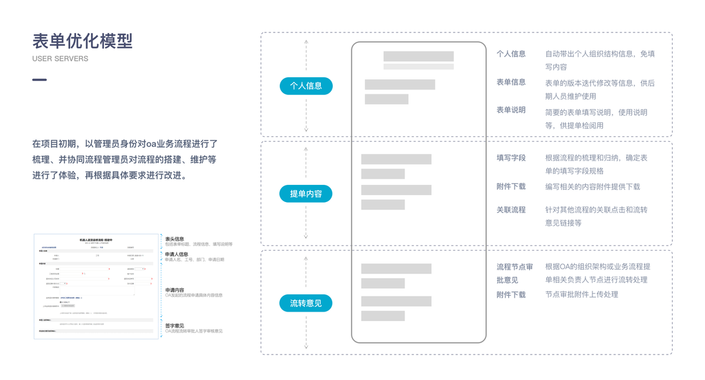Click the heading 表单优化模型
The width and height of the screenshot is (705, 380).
tap(82, 41)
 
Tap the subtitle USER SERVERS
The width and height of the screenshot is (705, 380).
tap(60, 59)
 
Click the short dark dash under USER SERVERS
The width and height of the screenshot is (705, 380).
tap(39, 80)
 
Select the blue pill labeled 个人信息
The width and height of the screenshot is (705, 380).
tap(306, 85)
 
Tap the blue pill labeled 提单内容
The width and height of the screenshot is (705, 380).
tap(306, 194)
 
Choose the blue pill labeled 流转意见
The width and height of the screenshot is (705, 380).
tap(306, 303)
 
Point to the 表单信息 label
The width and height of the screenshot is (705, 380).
tap(511, 82)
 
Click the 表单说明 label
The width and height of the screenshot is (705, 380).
tap(511, 110)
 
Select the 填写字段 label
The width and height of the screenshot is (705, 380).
tap(511, 158)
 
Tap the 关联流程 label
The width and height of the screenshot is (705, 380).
tap(511, 210)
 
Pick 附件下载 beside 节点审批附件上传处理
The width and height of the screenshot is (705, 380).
tap(511, 294)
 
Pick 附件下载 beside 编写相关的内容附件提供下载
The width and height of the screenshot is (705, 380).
tap(511, 187)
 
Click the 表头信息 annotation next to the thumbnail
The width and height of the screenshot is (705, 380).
tap(175, 239)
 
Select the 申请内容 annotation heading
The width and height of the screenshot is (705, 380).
tap(175, 290)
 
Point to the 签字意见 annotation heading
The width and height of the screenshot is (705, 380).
tap(175, 326)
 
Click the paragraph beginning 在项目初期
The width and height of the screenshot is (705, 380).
tap(125, 160)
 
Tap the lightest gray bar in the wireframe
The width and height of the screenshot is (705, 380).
tap(418, 66)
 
